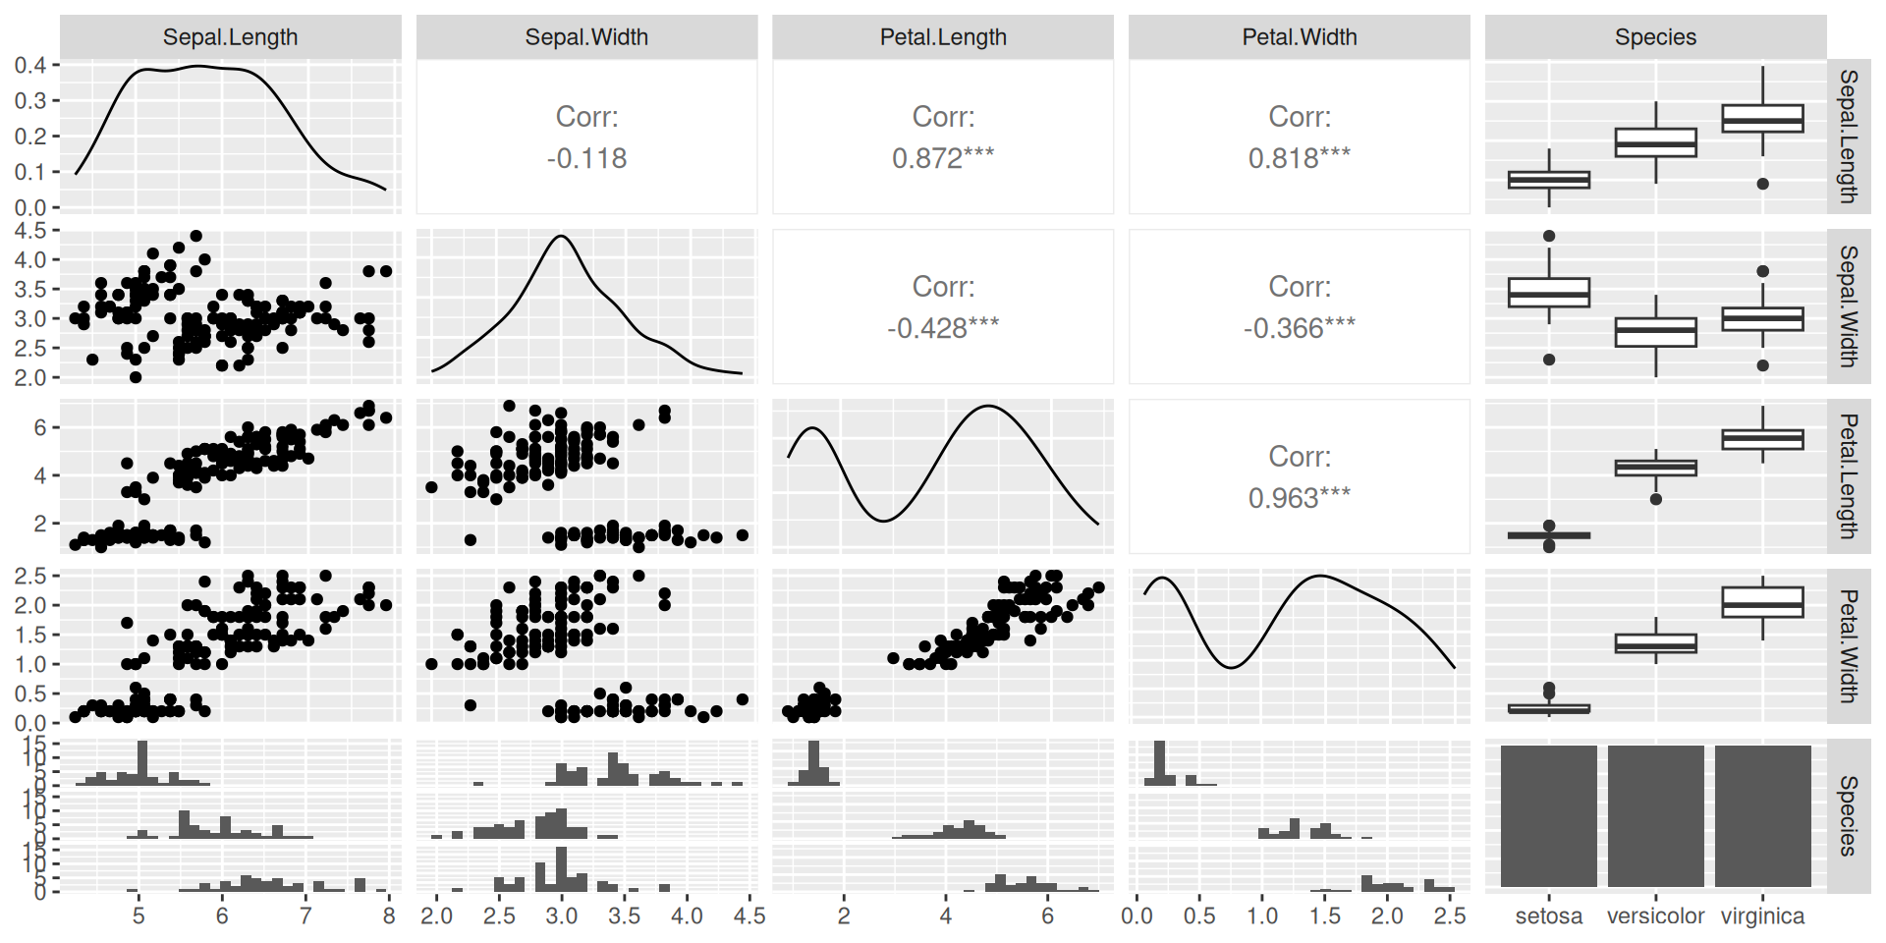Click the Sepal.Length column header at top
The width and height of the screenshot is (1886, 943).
(x=230, y=37)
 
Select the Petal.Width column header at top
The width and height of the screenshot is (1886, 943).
(x=1299, y=37)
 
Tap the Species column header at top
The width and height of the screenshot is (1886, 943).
(x=1655, y=37)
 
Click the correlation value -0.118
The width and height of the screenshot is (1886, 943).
(x=586, y=158)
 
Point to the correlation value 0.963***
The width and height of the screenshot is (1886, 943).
(x=1299, y=498)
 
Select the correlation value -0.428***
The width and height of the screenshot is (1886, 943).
(x=943, y=328)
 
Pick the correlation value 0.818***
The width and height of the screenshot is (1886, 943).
(x=1299, y=158)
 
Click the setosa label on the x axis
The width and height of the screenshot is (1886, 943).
(x=1548, y=916)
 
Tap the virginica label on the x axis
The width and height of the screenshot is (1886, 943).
(x=1762, y=916)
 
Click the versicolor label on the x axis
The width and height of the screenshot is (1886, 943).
(x=1655, y=916)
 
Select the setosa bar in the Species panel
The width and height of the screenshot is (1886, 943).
(x=1548, y=816)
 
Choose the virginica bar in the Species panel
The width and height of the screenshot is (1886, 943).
(x=1762, y=816)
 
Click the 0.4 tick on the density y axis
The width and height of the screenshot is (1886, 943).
(x=30, y=65)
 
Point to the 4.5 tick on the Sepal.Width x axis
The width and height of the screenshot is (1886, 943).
(x=749, y=916)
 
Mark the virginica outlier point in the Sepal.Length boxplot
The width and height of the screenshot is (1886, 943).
(x=1762, y=184)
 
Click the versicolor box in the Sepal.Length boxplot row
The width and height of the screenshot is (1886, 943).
(x=1655, y=142)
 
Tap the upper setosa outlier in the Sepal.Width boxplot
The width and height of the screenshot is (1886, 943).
(x=1549, y=236)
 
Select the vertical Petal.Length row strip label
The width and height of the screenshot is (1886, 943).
(x=1848, y=476)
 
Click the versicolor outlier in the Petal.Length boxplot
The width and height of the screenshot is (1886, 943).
(x=1655, y=499)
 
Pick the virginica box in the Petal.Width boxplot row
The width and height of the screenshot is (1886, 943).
(x=1762, y=602)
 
